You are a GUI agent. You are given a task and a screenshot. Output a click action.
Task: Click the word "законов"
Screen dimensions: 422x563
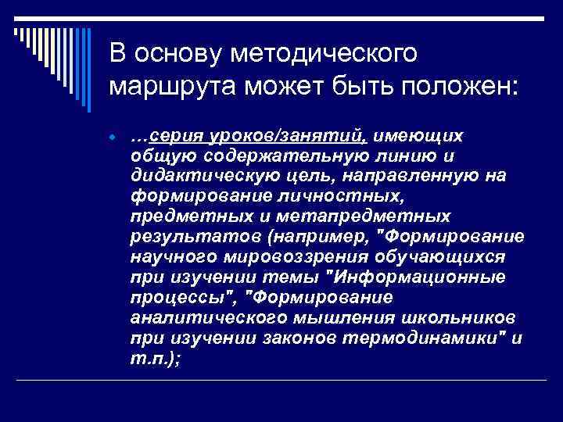coord(267,338)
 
